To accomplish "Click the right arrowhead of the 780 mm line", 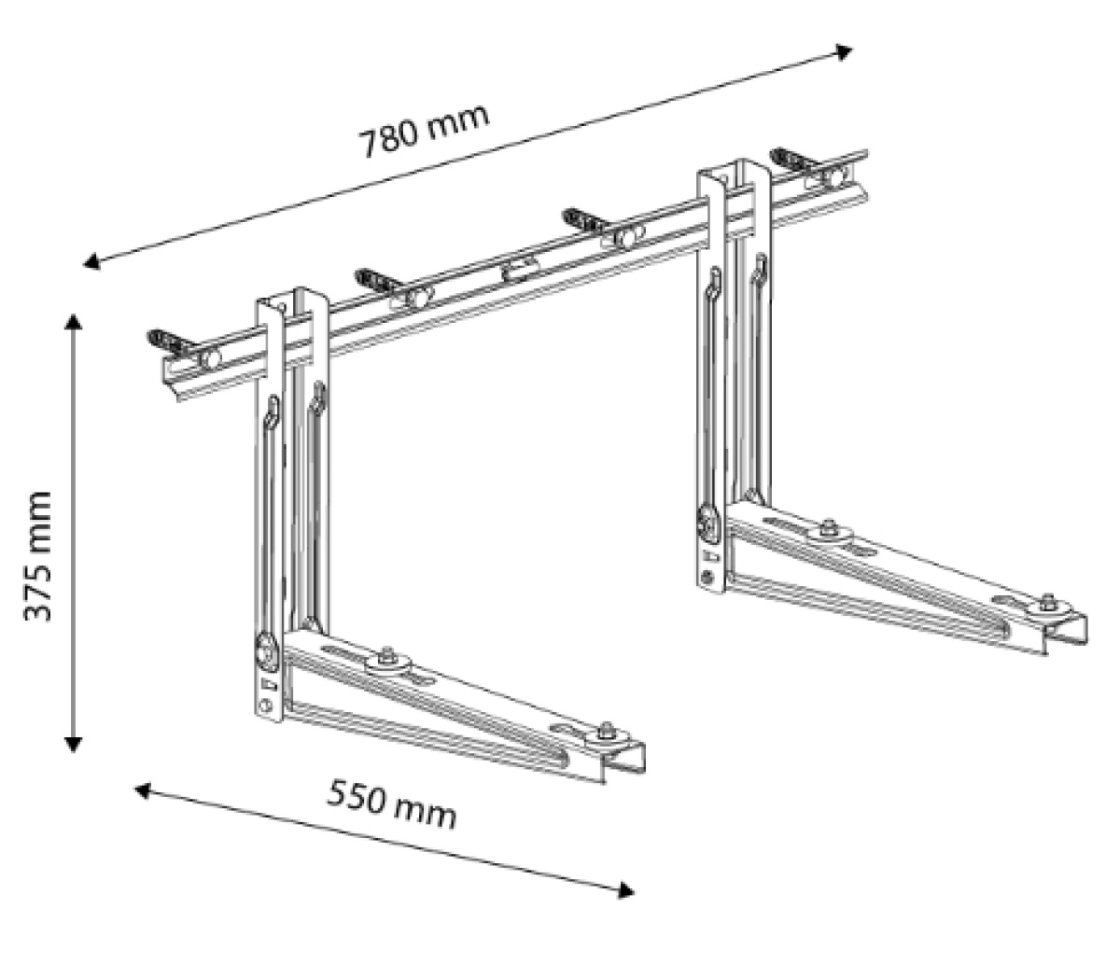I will pyautogui.click(x=845, y=51).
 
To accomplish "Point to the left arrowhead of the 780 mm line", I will pyautogui.click(x=91, y=263).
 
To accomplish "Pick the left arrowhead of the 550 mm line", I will pyautogui.click(x=143, y=790).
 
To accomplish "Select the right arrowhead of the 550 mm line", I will pyautogui.click(x=626, y=890).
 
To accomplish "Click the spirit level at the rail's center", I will pyautogui.click(x=517, y=272).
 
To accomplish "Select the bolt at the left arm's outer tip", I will pyautogui.click(x=608, y=733).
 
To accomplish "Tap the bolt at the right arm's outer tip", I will pyautogui.click(x=1049, y=604).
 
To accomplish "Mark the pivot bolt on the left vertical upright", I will pyautogui.click(x=266, y=651).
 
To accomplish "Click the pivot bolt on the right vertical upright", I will pyautogui.click(x=708, y=520).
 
